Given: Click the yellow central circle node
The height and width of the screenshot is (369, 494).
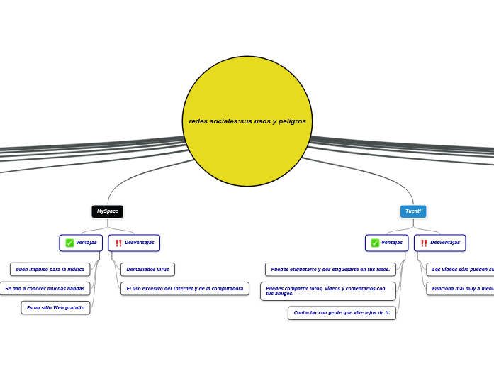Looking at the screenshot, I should coord(247,121).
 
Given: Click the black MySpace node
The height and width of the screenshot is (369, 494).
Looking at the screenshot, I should coord(107,211).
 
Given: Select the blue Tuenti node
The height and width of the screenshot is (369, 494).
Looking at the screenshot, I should coord(413,211).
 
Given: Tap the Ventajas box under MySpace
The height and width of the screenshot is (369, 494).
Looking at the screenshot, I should coord(81,243).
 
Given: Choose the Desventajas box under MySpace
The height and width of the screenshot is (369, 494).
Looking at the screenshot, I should coord(134,243).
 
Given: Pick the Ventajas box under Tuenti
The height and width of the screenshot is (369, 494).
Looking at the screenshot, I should coord(386,243).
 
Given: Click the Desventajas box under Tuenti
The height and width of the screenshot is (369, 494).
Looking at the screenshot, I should coord(439,243).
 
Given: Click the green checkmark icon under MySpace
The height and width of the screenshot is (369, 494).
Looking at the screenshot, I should coord(69,243).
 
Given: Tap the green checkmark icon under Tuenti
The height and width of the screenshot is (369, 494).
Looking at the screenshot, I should coord(375,243).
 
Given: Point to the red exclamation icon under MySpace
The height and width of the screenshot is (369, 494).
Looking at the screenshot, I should coord(118,243).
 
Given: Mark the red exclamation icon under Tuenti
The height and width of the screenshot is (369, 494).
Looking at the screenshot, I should coord(424,243).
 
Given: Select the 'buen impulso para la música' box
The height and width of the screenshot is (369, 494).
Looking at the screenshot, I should coord(50,270).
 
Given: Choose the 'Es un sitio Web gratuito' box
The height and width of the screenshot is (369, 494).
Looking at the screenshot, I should coord(55,308).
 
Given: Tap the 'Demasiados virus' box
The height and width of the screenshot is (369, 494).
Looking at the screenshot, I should coord(147,270).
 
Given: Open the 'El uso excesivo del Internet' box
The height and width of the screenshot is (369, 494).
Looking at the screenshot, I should coord(184,289).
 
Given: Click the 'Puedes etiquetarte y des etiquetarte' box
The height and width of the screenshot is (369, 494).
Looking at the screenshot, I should coord(330,270).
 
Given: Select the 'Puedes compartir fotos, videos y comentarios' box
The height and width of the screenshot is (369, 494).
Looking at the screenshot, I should coord(328,291).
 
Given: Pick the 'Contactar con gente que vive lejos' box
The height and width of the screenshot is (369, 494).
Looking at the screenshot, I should coord(342,313).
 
